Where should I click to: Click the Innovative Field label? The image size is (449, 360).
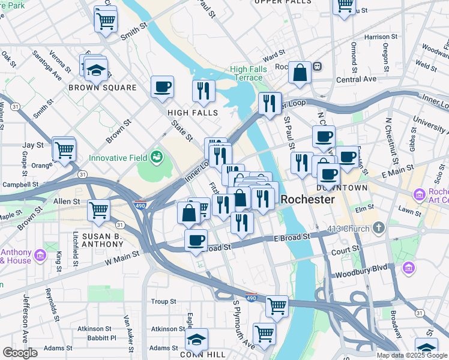[118, 158]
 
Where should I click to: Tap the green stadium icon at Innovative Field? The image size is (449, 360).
[157, 157]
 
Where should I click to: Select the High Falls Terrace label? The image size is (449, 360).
[246, 73]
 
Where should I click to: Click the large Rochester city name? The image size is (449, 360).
[308, 199]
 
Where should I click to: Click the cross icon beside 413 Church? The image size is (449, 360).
[378, 228]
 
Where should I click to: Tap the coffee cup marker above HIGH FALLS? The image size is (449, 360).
[162, 87]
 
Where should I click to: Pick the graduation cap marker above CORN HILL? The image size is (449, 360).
[196, 339]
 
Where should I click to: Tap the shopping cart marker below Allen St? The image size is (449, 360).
[98, 210]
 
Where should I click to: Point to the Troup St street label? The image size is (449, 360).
[163, 301]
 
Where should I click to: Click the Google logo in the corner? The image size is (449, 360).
[20, 353]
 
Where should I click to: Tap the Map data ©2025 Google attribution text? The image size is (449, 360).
[412, 355]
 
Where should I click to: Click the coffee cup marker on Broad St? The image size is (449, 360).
[196, 240]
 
